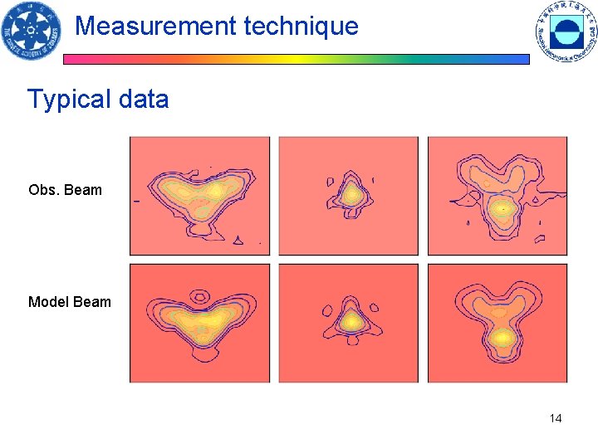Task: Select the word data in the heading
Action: pyautogui.click(x=144, y=100)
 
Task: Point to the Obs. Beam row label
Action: pyautogui.click(x=65, y=190)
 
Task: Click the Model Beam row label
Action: pyautogui.click(x=69, y=302)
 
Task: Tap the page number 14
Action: pyautogui.click(x=556, y=418)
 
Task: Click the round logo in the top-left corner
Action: pyautogui.click(x=30, y=32)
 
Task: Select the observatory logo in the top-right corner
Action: pyautogui.click(x=566, y=32)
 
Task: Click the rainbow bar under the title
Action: pyautogui.click(x=297, y=60)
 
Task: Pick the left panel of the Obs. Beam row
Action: pyautogui.click(x=199, y=196)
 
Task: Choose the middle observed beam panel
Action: pyautogui.click(x=349, y=196)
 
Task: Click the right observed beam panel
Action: pyautogui.click(x=498, y=196)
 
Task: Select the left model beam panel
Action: pyautogui.click(x=199, y=324)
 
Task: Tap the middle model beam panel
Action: pyautogui.click(x=349, y=324)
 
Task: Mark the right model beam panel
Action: pyautogui.click(x=498, y=324)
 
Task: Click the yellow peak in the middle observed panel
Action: pyautogui.click(x=351, y=195)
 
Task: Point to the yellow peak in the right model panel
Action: pyautogui.click(x=502, y=338)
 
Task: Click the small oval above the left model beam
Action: pyautogui.click(x=200, y=295)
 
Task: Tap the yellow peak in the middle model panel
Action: pyautogui.click(x=352, y=320)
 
